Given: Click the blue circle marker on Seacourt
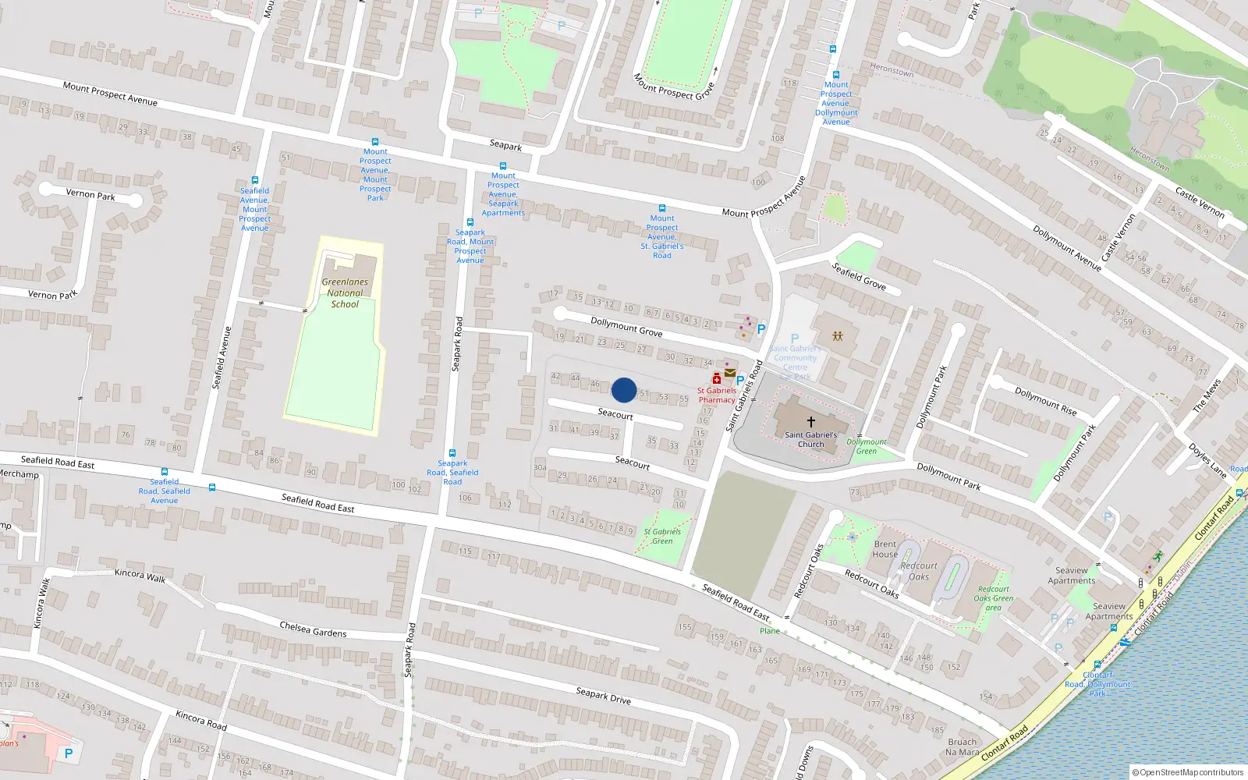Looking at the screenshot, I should pos(623,390).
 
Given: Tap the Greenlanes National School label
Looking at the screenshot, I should pos(345,293).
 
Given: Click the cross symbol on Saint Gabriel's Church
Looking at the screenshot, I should pos(811,421).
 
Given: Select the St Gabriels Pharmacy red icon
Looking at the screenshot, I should pos(716,379).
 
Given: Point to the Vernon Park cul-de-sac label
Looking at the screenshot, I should pos(90,194).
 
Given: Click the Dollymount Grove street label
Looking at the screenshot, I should pos(626,327).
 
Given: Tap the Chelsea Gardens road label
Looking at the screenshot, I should pos(313,629).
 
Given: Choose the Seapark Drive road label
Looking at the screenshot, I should pos(603,695).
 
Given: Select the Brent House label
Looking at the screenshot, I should pos(885,549).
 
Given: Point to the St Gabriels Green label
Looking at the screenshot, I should pos(662,536).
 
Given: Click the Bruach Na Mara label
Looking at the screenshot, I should pos(962,747).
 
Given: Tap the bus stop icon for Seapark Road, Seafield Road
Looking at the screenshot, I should pos(452,453).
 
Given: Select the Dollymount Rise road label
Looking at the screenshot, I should pos(1045,401).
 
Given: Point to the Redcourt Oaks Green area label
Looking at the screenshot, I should pos(993,598).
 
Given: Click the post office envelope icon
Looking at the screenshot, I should pos(730,373).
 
